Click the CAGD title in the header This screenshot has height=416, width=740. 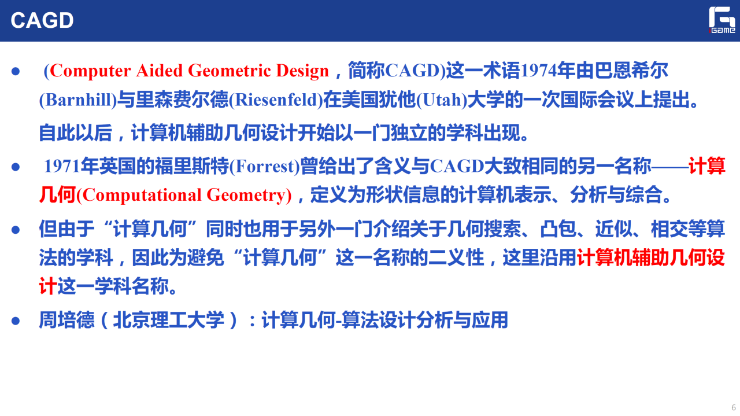[x=42, y=20]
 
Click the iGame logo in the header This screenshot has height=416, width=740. [x=722, y=20]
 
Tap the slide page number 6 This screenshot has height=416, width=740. [x=734, y=407]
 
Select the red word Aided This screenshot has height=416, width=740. [x=159, y=71]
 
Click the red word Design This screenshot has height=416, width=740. [x=302, y=71]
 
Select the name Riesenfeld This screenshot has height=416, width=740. [x=276, y=100]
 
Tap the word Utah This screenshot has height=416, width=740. [x=442, y=100]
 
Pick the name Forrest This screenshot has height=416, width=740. [x=264, y=166]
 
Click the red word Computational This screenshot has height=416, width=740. [x=142, y=195]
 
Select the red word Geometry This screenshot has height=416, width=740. [x=246, y=196]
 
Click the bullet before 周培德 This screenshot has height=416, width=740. [x=16, y=321]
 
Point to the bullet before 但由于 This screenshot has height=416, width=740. [x=16, y=230]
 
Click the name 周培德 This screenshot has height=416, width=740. [x=66, y=320]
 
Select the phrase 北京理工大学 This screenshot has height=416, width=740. [x=168, y=320]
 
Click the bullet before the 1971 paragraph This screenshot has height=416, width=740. [x=16, y=167]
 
